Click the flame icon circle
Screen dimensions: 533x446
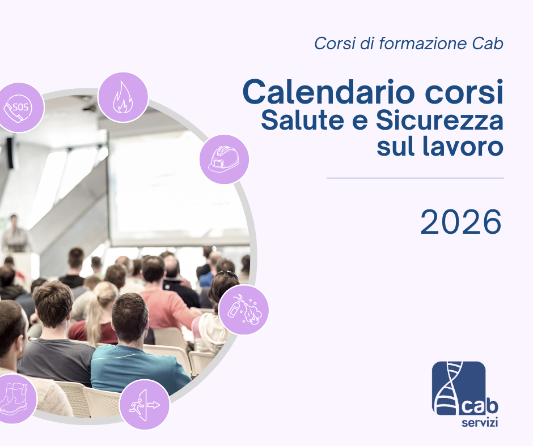pyautogui.click(x=123, y=97)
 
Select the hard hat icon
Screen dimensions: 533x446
pyautogui.click(x=224, y=159)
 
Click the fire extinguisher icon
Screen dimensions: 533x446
pyautogui.click(x=244, y=310)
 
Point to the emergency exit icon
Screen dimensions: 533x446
pyautogui.click(x=145, y=405)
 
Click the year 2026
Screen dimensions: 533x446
pyautogui.click(x=461, y=222)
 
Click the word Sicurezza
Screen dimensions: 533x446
pyautogui.click(x=439, y=120)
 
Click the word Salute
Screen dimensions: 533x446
pyautogui.click(x=303, y=120)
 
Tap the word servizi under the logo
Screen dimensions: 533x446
pyautogui.click(x=480, y=423)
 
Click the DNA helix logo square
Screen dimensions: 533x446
pyautogui.click(x=459, y=388)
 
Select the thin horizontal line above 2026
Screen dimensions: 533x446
pyautogui.click(x=415, y=178)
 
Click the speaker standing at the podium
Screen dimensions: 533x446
pyautogui.click(x=14, y=234)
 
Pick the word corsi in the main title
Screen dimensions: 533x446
pyautogui.click(x=464, y=92)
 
